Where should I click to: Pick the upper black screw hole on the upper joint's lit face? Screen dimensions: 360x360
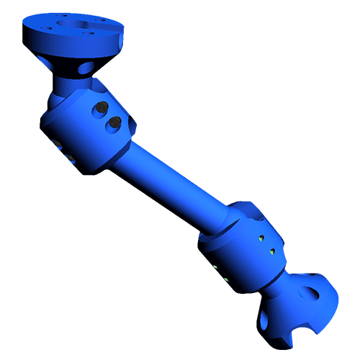(101, 109)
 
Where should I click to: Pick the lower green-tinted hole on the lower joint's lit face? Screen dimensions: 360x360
(271, 251)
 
